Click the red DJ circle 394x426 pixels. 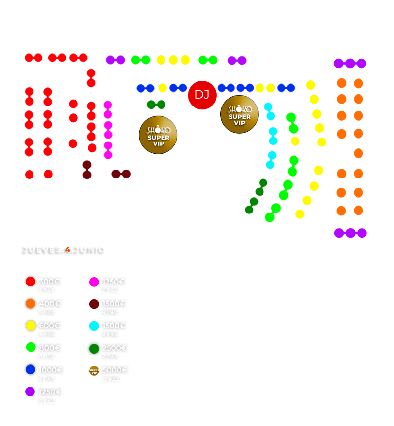tap(202, 94)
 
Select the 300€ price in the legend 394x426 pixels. tap(49, 282)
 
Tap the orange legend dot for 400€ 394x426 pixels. tap(31, 304)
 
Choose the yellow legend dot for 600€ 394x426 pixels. tap(31, 326)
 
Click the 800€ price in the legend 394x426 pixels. tap(49, 348)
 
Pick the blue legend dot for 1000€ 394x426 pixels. tap(31, 370)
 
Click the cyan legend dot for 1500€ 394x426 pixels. tap(94, 326)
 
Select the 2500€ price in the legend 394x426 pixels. tap(115, 348)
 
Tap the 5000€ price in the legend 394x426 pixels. tap(115, 370)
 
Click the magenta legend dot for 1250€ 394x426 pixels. tap(94, 282)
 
